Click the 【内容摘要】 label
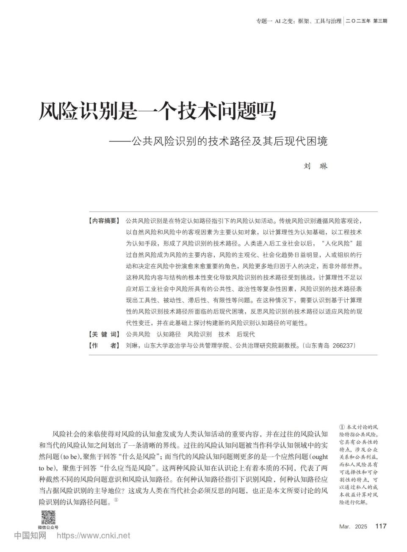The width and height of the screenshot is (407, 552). point(104,221)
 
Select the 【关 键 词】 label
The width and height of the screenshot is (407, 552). point(104,334)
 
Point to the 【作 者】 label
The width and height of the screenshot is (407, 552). point(104,345)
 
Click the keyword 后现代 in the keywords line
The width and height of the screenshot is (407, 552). point(246,334)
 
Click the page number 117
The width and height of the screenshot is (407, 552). point(381,526)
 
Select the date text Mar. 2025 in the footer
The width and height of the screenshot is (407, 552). point(353,527)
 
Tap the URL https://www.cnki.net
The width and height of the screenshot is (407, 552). point(93,536)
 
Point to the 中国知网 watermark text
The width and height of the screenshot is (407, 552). point(30,536)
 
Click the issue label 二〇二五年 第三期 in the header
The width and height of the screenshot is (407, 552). point(366,21)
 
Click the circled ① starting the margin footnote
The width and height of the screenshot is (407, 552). point(342,427)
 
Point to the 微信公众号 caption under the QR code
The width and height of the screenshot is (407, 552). point(48,527)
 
